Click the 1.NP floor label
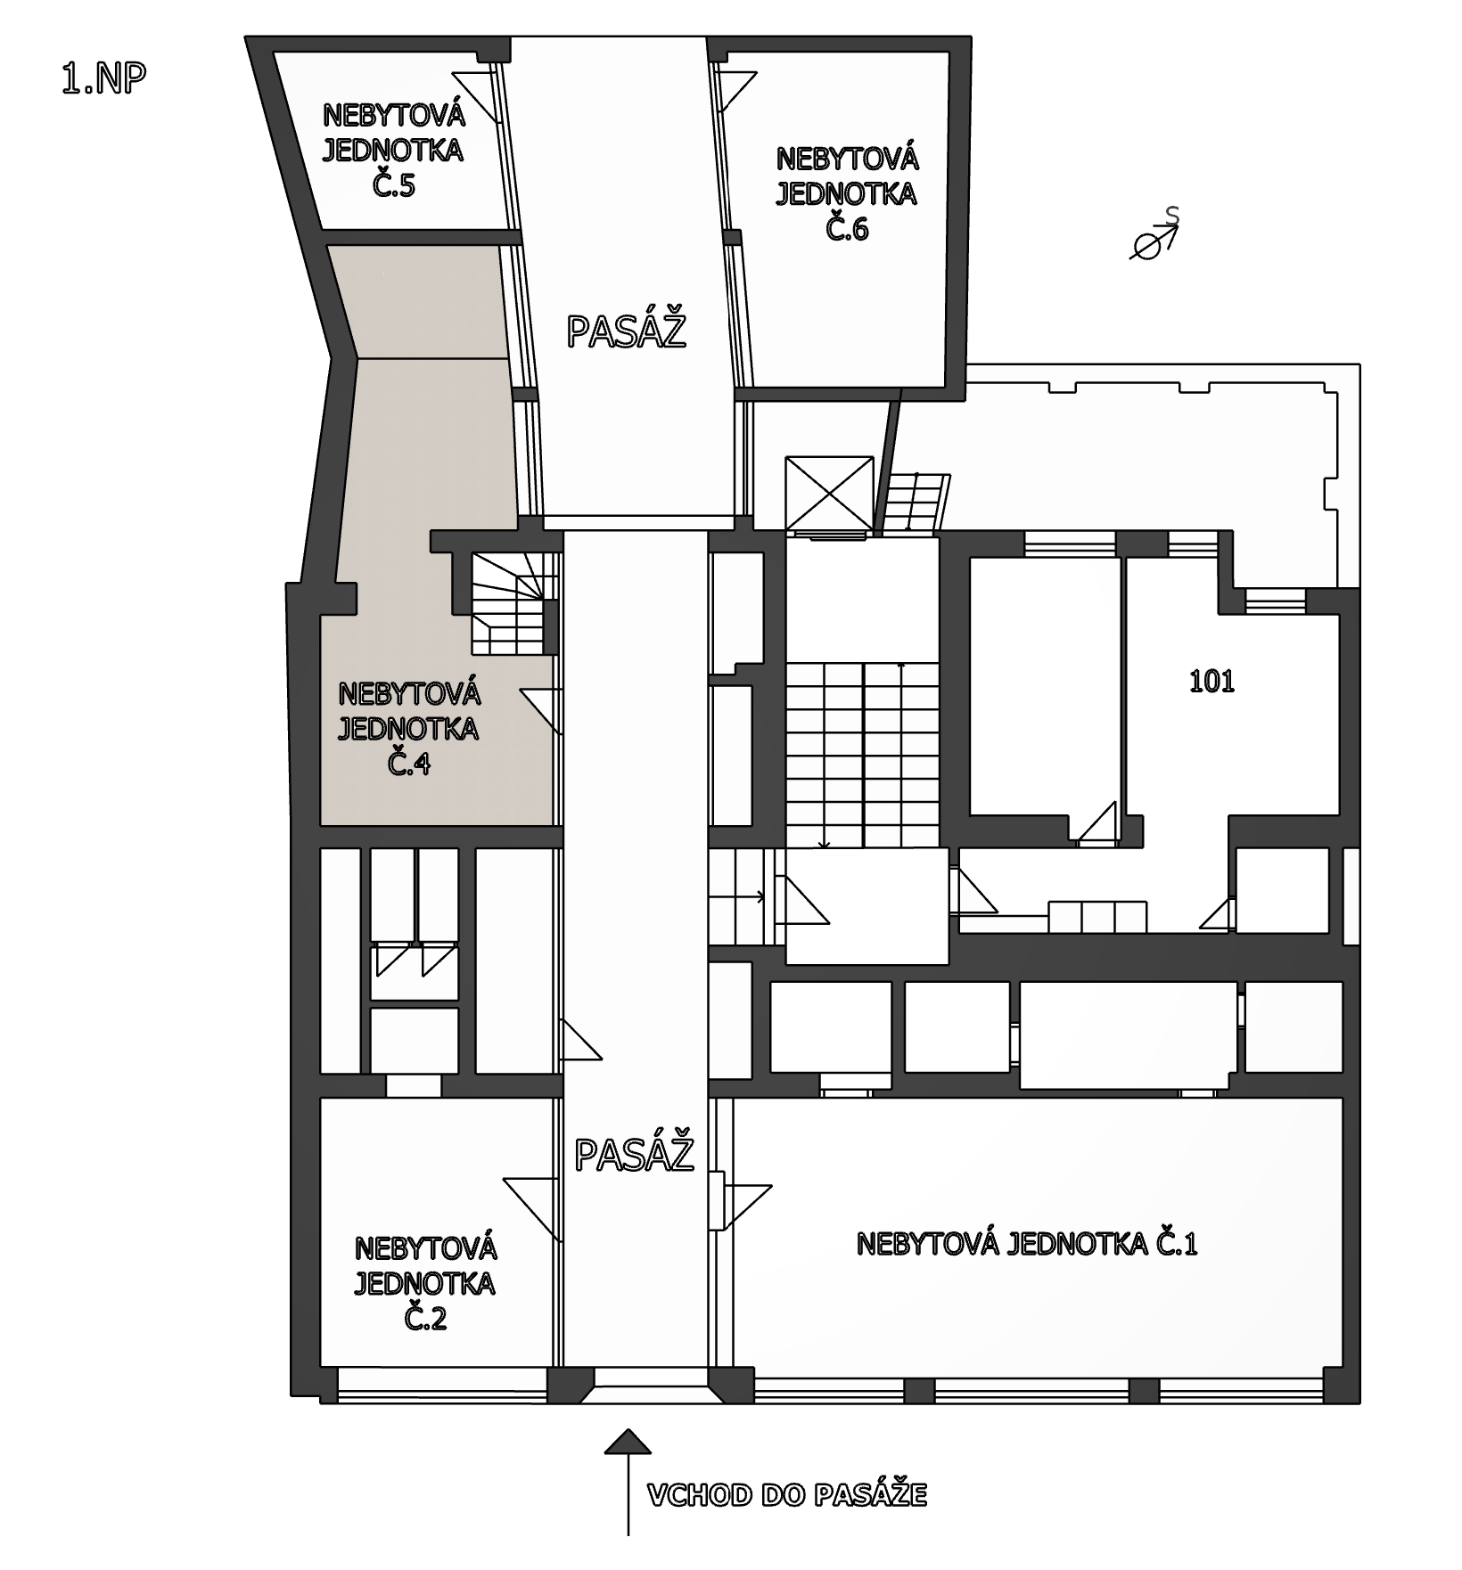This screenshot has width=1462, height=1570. (x=103, y=78)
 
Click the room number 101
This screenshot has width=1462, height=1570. (x=1212, y=682)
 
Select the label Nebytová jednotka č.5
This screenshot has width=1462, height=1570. (x=393, y=151)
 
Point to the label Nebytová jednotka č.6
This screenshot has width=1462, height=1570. (x=847, y=194)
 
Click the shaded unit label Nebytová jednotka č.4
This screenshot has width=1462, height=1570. (x=408, y=729)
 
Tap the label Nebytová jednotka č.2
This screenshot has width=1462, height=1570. (x=424, y=1283)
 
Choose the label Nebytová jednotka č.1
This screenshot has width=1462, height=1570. (x=1027, y=1244)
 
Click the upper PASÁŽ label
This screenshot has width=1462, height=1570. (x=627, y=331)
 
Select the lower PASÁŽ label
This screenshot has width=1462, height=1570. (x=634, y=1155)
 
